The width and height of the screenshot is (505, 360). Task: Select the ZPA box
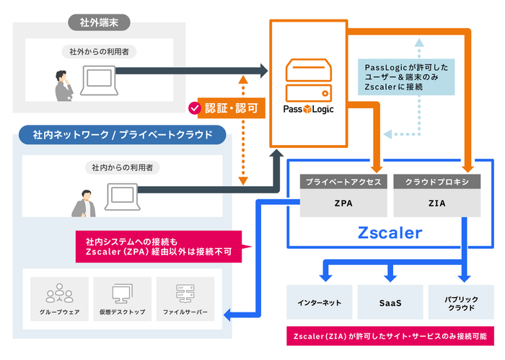(344, 203)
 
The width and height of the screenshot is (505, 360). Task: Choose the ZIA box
(437, 203)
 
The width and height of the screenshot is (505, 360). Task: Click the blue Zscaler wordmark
(390, 233)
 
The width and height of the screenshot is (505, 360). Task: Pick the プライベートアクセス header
(344, 182)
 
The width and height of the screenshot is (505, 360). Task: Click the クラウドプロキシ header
(437, 182)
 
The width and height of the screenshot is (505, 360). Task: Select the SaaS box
(390, 303)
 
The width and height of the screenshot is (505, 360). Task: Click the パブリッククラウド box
(461, 303)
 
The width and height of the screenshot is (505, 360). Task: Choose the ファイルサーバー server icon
(185, 293)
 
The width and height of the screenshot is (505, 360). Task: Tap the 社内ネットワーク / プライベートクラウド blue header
(119, 135)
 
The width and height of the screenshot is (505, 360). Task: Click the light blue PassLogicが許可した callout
(408, 76)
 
